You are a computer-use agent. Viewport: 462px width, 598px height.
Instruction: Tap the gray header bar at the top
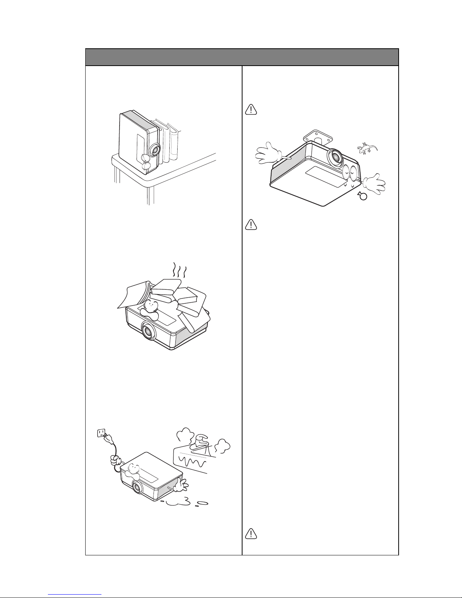241,57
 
